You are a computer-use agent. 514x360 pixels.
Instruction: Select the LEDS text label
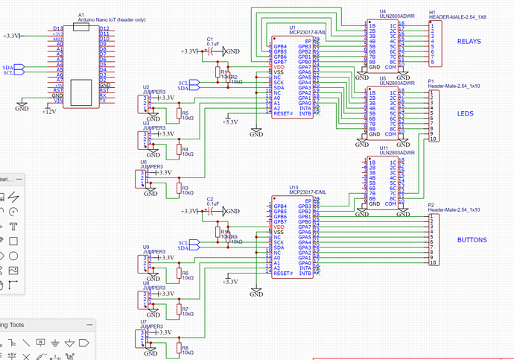466,113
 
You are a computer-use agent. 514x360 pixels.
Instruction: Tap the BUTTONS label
472,240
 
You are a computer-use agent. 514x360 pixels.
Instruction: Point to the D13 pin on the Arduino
57,28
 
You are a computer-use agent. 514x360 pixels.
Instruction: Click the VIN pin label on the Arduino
57,101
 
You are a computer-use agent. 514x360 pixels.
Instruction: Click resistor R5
178,114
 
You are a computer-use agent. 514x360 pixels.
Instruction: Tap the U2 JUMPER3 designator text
153,91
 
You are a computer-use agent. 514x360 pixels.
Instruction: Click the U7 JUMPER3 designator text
151,323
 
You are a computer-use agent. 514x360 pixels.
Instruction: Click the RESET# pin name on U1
283,114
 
